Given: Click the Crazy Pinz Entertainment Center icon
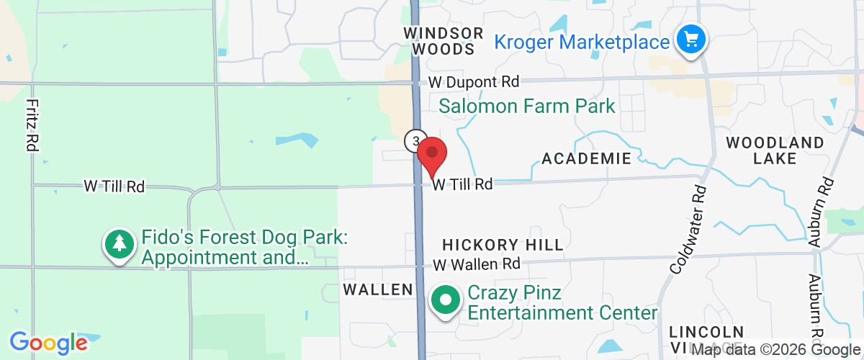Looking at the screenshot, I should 446,300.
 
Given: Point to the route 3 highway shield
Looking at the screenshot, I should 415,141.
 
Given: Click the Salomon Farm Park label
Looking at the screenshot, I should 527,107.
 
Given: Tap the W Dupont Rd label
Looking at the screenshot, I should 473,83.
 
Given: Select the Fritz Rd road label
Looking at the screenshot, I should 31,125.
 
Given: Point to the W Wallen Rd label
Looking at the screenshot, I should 476,264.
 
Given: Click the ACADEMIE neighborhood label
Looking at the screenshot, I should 586,158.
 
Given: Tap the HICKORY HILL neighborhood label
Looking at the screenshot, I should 503,246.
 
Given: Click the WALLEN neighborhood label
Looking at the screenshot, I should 378,289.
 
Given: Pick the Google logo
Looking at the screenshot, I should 48,342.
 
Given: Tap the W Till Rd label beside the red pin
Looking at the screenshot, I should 462,185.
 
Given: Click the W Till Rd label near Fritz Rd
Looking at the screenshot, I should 114,186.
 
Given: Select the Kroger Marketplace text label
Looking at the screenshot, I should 582,42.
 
